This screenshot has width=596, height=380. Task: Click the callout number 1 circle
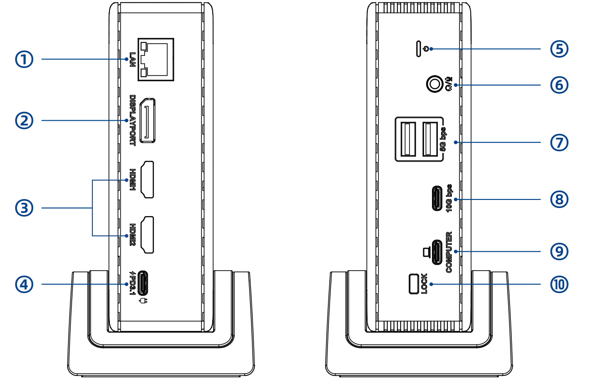24,59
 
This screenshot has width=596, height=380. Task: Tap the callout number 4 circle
24,284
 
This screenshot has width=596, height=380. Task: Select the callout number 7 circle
559,142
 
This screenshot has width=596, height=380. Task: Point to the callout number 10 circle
559,284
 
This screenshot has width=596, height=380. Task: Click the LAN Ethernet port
156,59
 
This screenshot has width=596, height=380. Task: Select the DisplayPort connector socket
148,121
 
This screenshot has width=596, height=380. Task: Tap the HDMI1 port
148,180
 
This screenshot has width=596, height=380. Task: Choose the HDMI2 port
148,235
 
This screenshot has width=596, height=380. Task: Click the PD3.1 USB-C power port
143,283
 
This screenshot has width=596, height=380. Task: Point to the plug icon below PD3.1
143,301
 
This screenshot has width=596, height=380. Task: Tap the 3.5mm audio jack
435,84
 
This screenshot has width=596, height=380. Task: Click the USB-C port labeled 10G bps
437,199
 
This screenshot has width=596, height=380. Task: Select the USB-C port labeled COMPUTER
437,252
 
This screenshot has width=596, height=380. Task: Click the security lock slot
414,284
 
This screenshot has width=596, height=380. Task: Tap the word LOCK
424,284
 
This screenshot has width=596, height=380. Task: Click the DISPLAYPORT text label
132,121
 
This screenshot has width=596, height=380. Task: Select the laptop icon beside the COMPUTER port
427,253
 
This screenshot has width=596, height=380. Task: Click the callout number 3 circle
24,208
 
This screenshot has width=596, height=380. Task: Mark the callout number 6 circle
559,85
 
